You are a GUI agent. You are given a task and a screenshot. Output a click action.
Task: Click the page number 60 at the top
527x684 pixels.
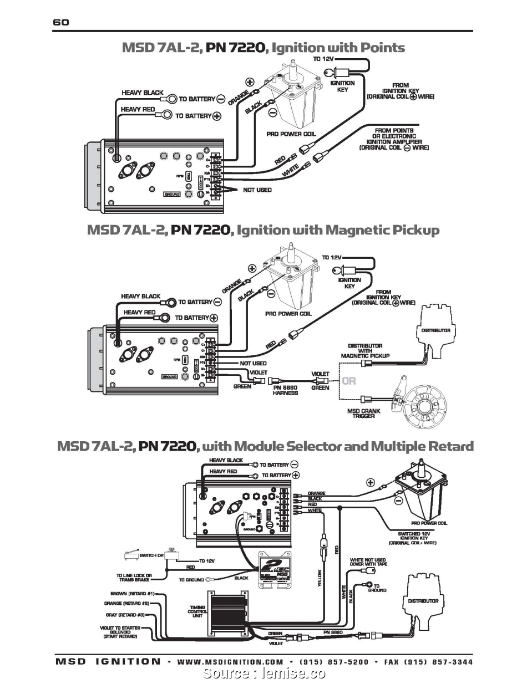[61, 23]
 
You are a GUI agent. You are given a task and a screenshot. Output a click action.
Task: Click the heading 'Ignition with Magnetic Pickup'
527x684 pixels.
[338, 230]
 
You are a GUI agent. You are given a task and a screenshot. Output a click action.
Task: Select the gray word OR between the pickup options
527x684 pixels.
[349, 381]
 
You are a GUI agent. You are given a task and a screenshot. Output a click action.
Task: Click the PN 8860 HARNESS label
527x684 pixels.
[285, 390]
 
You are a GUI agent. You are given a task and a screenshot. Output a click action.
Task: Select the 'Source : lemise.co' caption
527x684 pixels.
[264, 674]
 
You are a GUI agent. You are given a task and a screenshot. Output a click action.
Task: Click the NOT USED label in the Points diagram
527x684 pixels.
[257, 190]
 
